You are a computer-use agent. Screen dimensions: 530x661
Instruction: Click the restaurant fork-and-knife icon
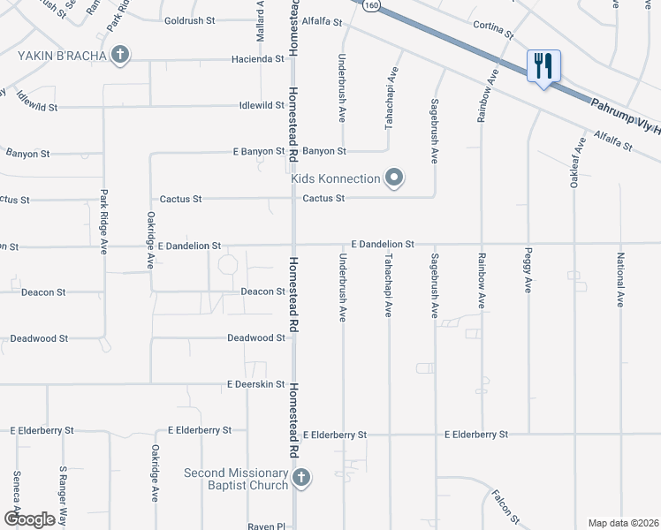tap(543, 65)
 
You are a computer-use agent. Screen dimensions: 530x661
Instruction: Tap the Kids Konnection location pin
tap(395, 178)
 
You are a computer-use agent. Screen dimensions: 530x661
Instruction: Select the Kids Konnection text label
tap(336, 179)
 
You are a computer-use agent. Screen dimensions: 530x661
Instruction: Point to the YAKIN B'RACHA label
tap(63, 56)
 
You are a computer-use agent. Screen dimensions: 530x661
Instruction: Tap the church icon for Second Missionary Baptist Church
tap(301, 479)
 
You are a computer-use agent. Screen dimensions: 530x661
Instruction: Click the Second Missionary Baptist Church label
tap(236, 479)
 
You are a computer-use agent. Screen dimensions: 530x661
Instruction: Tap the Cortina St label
tap(493, 29)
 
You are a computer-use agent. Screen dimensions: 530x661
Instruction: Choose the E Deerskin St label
tap(255, 384)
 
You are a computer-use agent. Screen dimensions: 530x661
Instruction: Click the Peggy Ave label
tap(529, 274)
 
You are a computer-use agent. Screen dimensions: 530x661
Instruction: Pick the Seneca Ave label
tap(16, 492)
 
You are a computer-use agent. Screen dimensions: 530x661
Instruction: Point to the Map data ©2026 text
tap(623, 523)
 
